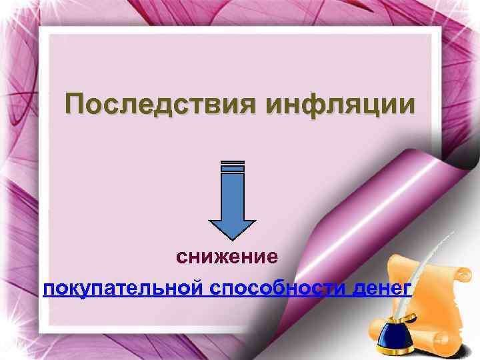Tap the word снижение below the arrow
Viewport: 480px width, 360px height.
(227, 256)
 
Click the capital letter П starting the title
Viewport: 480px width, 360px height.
(75, 105)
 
